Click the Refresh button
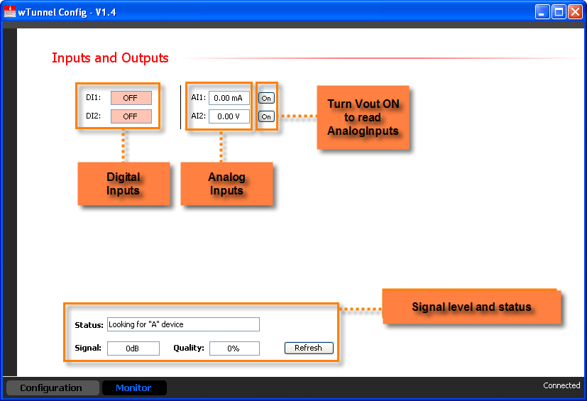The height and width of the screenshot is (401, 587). click(309, 348)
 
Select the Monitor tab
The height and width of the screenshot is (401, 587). click(134, 388)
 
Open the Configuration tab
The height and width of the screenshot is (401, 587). click(51, 388)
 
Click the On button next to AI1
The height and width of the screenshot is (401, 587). click(266, 99)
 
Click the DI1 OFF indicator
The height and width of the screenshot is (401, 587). click(131, 98)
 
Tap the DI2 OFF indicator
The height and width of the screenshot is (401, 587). click(131, 116)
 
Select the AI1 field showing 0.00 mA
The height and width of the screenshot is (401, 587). click(229, 98)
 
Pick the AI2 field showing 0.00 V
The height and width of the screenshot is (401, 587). click(229, 116)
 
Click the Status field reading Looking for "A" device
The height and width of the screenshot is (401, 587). click(183, 324)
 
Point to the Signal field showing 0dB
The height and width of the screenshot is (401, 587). click(133, 348)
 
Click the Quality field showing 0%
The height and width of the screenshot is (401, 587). click(234, 348)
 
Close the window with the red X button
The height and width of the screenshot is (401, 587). click(575, 11)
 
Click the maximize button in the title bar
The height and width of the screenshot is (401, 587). click(559, 11)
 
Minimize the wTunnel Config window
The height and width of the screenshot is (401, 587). click(542, 11)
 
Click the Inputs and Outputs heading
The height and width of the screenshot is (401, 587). click(110, 58)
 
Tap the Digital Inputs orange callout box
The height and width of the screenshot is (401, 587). click(124, 184)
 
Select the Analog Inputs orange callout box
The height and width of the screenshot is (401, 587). click(226, 184)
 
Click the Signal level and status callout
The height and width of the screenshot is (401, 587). click(471, 307)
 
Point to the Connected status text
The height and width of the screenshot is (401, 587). click(561, 385)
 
